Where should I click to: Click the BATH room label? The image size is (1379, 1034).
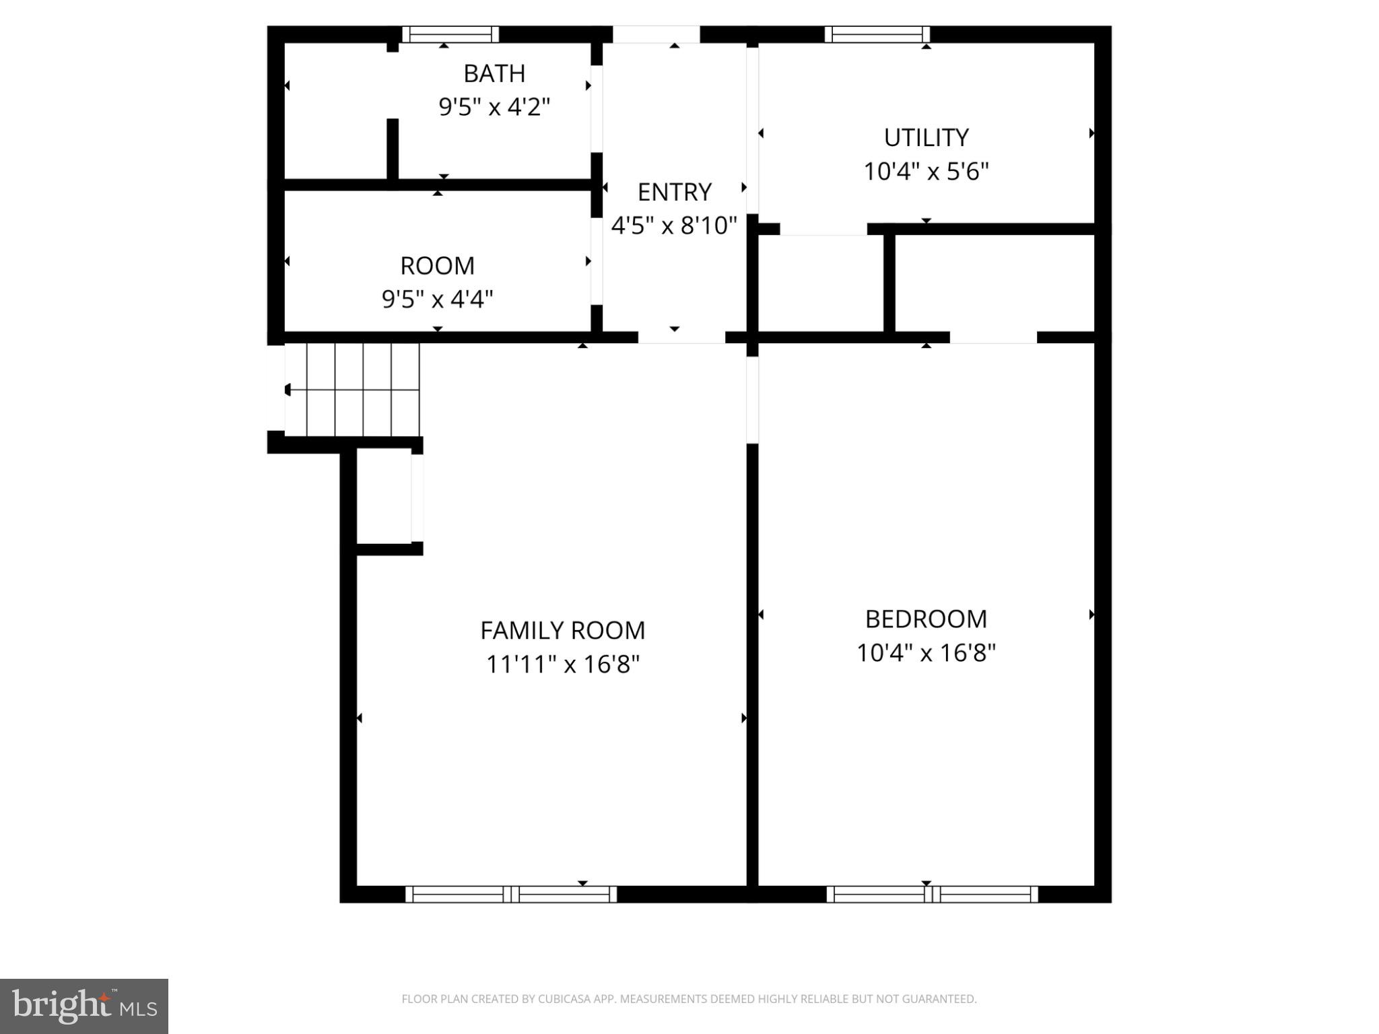click(x=494, y=73)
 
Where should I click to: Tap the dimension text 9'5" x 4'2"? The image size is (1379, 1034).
click(x=494, y=107)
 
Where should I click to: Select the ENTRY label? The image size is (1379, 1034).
click(x=674, y=193)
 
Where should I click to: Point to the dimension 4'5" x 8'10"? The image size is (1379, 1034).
click(x=674, y=226)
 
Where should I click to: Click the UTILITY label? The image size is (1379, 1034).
click(x=926, y=138)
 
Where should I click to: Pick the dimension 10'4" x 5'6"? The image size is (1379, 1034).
click(x=926, y=172)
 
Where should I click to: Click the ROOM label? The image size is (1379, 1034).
click(x=437, y=266)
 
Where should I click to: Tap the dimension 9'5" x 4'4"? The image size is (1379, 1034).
click(x=437, y=299)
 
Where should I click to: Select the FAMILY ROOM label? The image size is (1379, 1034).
click(x=562, y=631)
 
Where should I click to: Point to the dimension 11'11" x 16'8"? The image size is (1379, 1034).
click(x=562, y=664)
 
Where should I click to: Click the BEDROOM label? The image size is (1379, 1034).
click(x=926, y=619)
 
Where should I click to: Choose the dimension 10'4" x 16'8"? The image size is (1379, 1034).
click(x=926, y=653)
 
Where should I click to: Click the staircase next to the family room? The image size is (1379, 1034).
click(x=352, y=390)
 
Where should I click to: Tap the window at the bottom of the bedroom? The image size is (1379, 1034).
click(x=932, y=894)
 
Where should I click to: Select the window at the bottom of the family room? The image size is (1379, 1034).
click(x=511, y=894)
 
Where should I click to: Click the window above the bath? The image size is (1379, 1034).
click(x=450, y=34)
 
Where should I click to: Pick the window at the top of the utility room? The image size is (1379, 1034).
click(x=877, y=34)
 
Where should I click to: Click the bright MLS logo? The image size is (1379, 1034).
click(x=84, y=1006)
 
